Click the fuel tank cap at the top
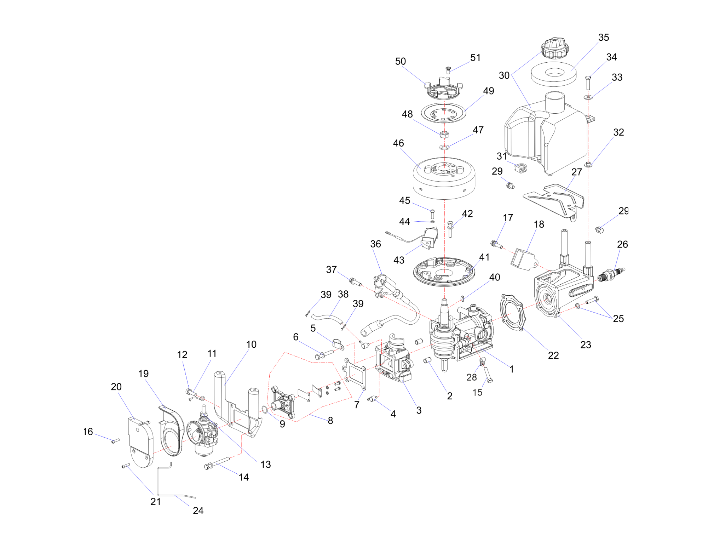pyautogui.click(x=554, y=49)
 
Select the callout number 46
pyautogui.click(x=398, y=143)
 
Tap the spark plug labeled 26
pyautogui.click(x=611, y=274)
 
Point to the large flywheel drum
pyautogui.click(x=444, y=179)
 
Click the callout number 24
pyautogui.click(x=198, y=511)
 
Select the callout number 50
pyautogui.click(x=400, y=62)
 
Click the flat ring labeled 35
pyautogui.click(x=553, y=74)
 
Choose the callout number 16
pyautogui.click(x=88, y=432)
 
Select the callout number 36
pyautogui.click(x=375, y=244)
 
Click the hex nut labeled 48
pyautogui.click(x=444, y=134)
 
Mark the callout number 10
pyautogui.click(x=251, y=344)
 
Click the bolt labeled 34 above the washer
pyautogui.click(x=588, y=82)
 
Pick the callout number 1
pyautogui.click(x=511, y=369)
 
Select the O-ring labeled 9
pyautogui.click(x=264, y=410)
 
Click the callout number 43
pyautogui.click(x=399, y=260)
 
